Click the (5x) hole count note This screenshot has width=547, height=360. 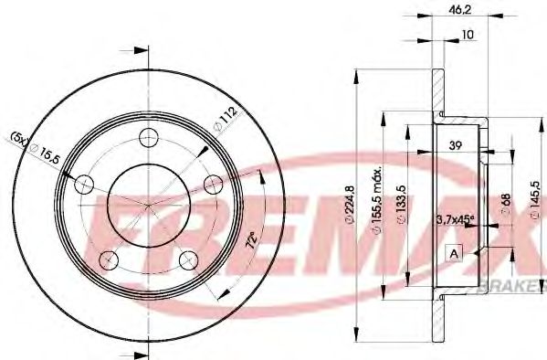click(19, 138)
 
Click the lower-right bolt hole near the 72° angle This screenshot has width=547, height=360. click(189, 257)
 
